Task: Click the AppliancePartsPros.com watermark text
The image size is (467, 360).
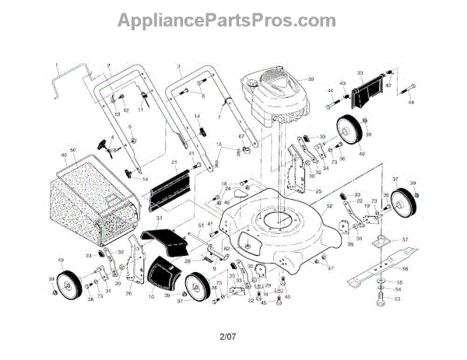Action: click(x=233, y=19)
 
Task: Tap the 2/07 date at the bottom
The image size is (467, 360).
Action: click(x=227, y=336)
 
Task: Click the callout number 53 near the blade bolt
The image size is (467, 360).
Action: click(x=398, y=298)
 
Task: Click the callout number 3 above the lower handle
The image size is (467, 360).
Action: click(x=178, y=66)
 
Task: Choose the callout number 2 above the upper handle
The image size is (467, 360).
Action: click(x=109, y=65)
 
